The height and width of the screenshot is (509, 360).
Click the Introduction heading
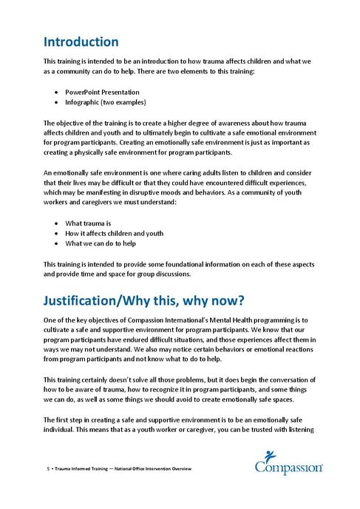[x=81, y=41]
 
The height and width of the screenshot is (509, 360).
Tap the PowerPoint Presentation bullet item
[x=100, y=92]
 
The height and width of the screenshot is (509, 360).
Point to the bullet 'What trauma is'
[x=88, y=223]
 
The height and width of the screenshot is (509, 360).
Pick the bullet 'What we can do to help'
[x=100, y=243]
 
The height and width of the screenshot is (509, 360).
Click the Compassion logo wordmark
[x=290, y=468]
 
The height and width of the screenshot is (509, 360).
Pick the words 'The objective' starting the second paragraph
[x=64, y=122]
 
